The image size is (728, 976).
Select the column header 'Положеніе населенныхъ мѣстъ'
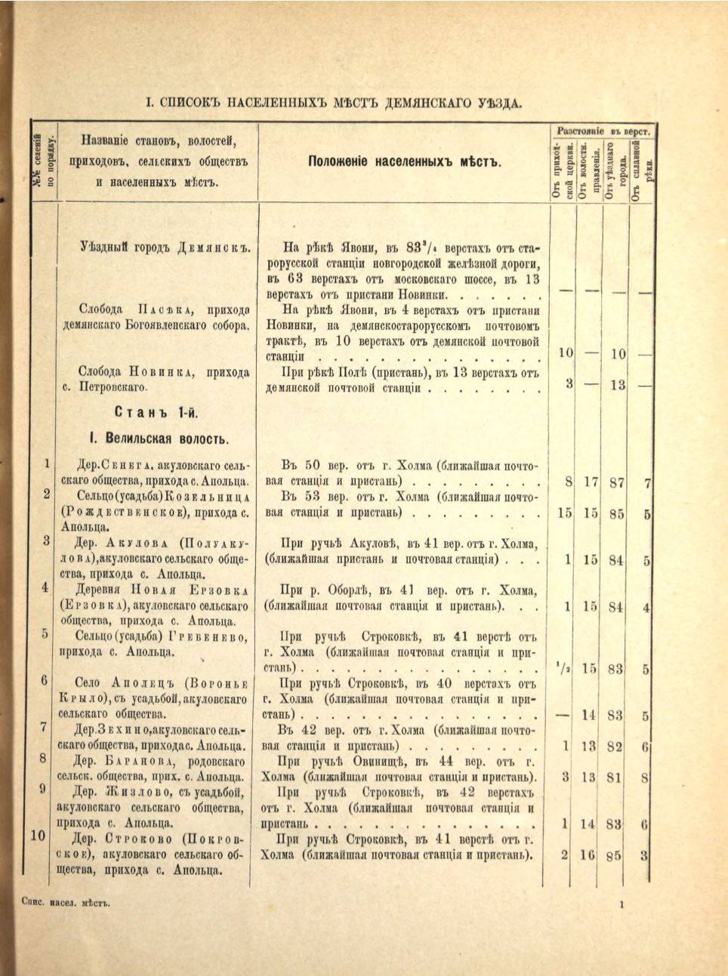coord(403,162)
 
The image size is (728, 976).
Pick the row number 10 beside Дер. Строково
coord(41,836)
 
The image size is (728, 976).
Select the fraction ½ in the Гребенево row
coord(563,667)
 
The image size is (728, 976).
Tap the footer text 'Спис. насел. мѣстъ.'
coord(61,903)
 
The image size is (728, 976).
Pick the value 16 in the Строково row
coord(589,856)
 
